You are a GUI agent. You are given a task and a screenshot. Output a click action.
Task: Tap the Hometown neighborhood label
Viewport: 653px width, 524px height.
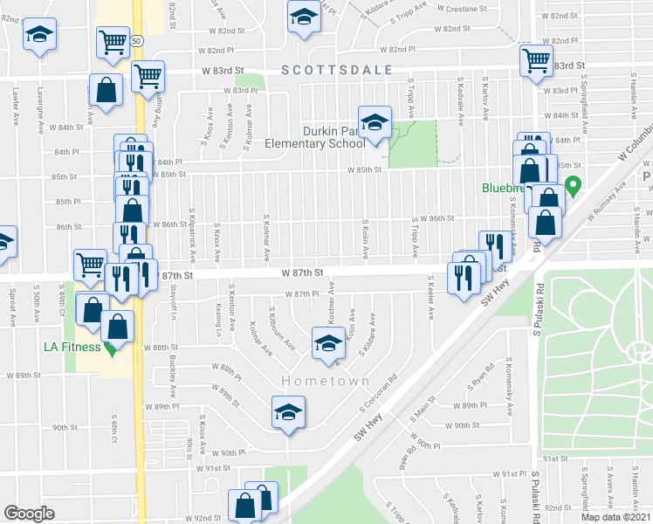click(326, 382)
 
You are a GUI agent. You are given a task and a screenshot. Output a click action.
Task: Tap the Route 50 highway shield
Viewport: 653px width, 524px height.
click(138, 40)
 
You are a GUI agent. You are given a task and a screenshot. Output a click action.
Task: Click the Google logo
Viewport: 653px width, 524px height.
click(29, 514)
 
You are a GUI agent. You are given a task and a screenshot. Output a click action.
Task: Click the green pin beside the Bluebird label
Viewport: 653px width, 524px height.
click(574, 186)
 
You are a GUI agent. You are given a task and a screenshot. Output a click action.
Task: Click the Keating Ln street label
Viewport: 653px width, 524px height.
click(218, 321)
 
